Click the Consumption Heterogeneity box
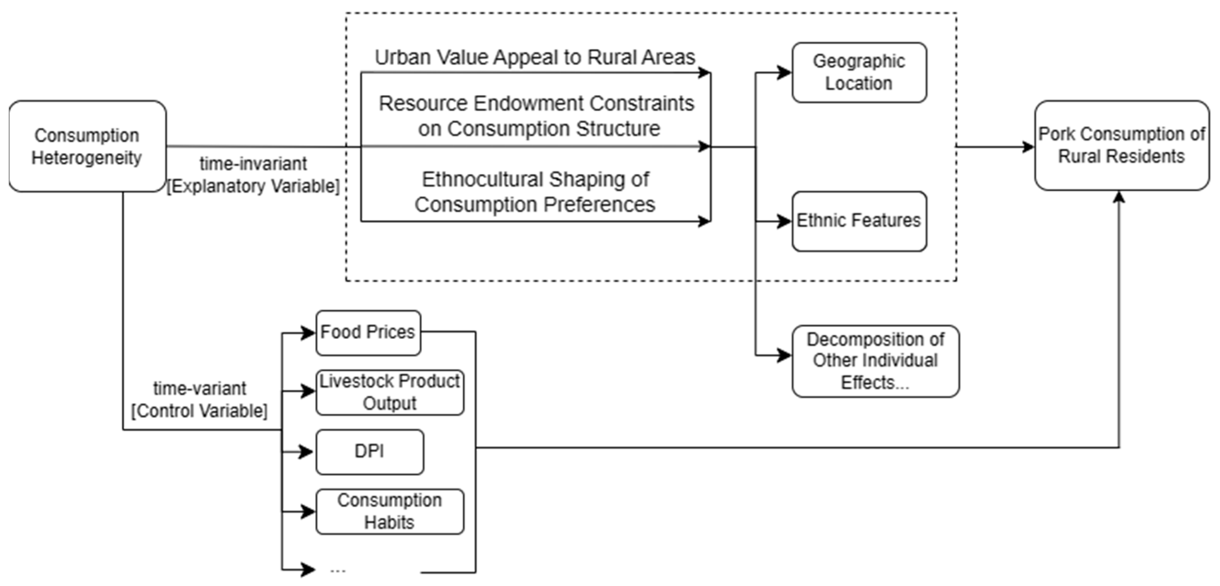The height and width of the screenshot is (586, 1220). pyautogui.click(x=87, y=146)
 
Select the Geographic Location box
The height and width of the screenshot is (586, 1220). pyautogui.click(x=859, y=72)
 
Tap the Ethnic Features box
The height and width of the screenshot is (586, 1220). pyautogui.click(x=859, y=221)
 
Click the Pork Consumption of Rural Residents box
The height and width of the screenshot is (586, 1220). pyautogui.click(x=1121, y=145)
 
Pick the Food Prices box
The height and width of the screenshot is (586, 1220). pyautogui.click(x=368, y=332)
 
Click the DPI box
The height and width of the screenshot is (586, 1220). pyautogui.click(x=369, y=451)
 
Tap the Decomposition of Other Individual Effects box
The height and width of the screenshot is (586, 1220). pyautogui.click(x=875, y=361)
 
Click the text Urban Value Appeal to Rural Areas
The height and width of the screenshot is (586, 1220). pyautogui.click(x=535, y=57)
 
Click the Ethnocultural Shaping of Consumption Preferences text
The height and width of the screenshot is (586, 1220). pyautogui.click(x=535, y=192)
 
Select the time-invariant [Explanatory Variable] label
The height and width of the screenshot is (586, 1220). pyautogui.click(x=253, y=175)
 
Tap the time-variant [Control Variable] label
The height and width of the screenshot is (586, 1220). pyautogui.click(x=199, y=400)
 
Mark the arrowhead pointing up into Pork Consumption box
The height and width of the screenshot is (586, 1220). pyautogui.click(x=1119, y=196)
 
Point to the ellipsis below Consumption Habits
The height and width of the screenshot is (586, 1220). pyautogui.click(x=338, y=570)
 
